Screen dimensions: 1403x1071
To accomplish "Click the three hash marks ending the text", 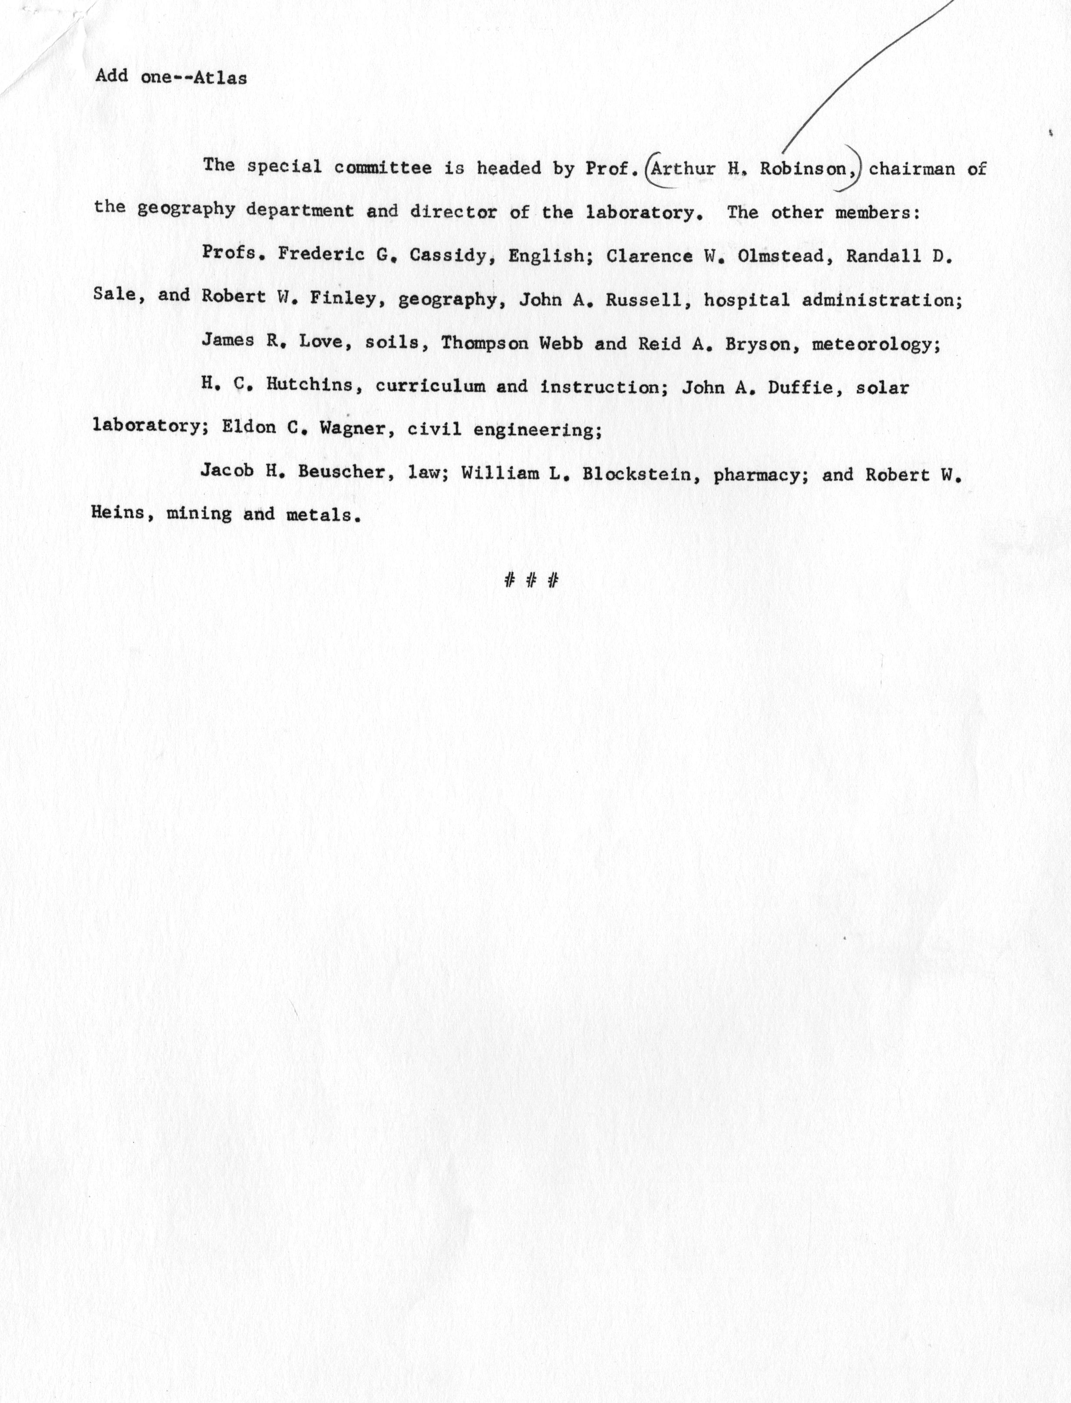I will tap(531, 581).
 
